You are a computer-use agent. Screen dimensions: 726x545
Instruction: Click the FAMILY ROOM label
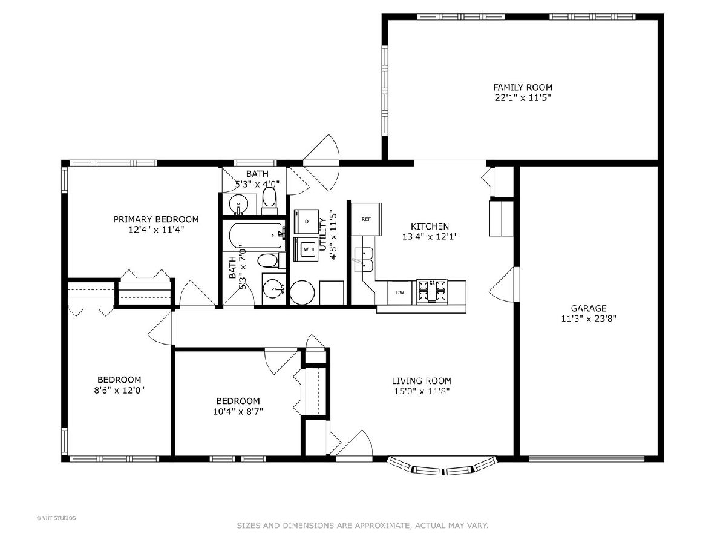click(523, 87)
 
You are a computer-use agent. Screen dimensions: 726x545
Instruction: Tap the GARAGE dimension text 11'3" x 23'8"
click(589, 319)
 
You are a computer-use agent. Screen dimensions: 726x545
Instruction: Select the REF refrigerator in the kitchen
click(366, 219)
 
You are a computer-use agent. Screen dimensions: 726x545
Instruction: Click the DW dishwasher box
click(400, 292)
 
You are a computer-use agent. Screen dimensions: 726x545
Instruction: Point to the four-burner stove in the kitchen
click(431, 291)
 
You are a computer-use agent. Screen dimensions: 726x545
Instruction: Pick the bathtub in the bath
click(256, 236)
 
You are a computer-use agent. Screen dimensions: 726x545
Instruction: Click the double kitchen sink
click(364, 260)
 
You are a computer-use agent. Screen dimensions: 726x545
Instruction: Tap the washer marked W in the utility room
click(307, 249)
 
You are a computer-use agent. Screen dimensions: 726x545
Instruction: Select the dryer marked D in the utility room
click(307, 222)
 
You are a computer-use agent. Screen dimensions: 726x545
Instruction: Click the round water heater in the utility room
click(302, 292)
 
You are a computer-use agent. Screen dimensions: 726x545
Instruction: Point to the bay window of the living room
click(442, 466)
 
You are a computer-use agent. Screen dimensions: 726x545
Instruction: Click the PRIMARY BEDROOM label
click(156, 219)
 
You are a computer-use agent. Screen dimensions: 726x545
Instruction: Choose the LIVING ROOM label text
click(422, 381)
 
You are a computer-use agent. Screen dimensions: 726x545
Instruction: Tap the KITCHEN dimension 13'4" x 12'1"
click(430, 237)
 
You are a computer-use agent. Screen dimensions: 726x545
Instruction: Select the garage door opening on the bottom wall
click(587, 458)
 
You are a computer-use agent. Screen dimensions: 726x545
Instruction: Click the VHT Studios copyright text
click(56, 518)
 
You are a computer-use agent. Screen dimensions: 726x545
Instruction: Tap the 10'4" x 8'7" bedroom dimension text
click(238, 411)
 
